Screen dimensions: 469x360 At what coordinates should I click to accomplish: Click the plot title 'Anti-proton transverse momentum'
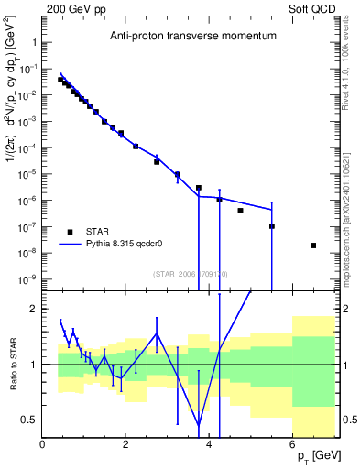[191, 38]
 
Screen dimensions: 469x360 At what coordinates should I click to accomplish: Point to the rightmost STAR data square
[313, 245]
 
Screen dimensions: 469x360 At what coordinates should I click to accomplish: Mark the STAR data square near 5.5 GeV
[272, 226]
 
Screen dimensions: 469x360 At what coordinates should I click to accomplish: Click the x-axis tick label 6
[292, 445]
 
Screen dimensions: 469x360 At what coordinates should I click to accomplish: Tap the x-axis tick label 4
[209, 445]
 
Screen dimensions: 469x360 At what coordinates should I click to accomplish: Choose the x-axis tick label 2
[125, 445]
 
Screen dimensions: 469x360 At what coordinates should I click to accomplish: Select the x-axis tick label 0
[42, 445]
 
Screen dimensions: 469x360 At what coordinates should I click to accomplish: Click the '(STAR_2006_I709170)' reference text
[190, 273]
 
